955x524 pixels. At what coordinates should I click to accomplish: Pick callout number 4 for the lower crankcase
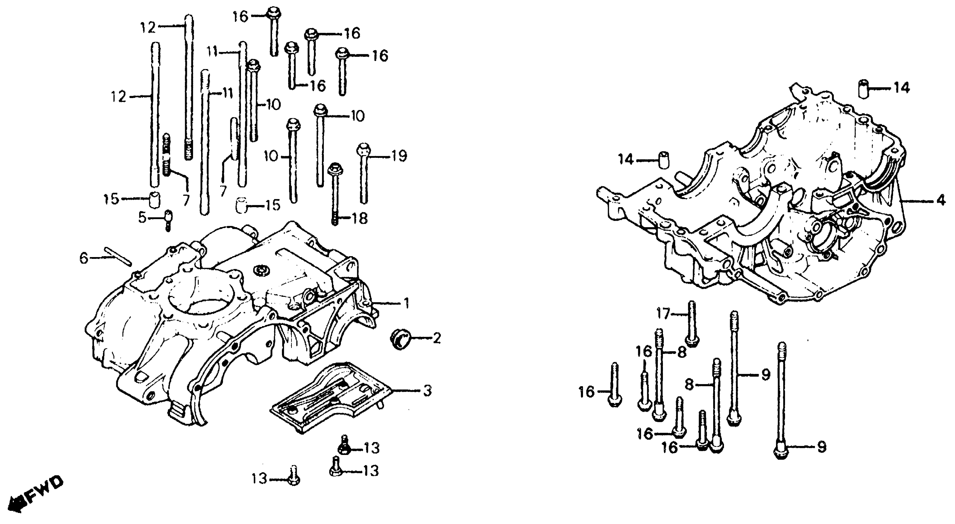pyautogui.click(x=941, y=201)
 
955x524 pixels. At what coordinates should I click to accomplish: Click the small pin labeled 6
pyautogui.click(x=118, y=256)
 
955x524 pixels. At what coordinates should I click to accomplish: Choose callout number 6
pyautogui.click(x=84, y=258)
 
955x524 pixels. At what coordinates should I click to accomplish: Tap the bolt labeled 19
pyautogui.click(x=363, y=174)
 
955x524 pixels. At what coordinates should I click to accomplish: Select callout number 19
pyautogui.click(x=399, y=156)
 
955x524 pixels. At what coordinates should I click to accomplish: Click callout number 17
pyautogui.click(x=663, y=314)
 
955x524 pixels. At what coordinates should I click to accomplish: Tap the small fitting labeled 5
pyautogui.click(x=169, y=219)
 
